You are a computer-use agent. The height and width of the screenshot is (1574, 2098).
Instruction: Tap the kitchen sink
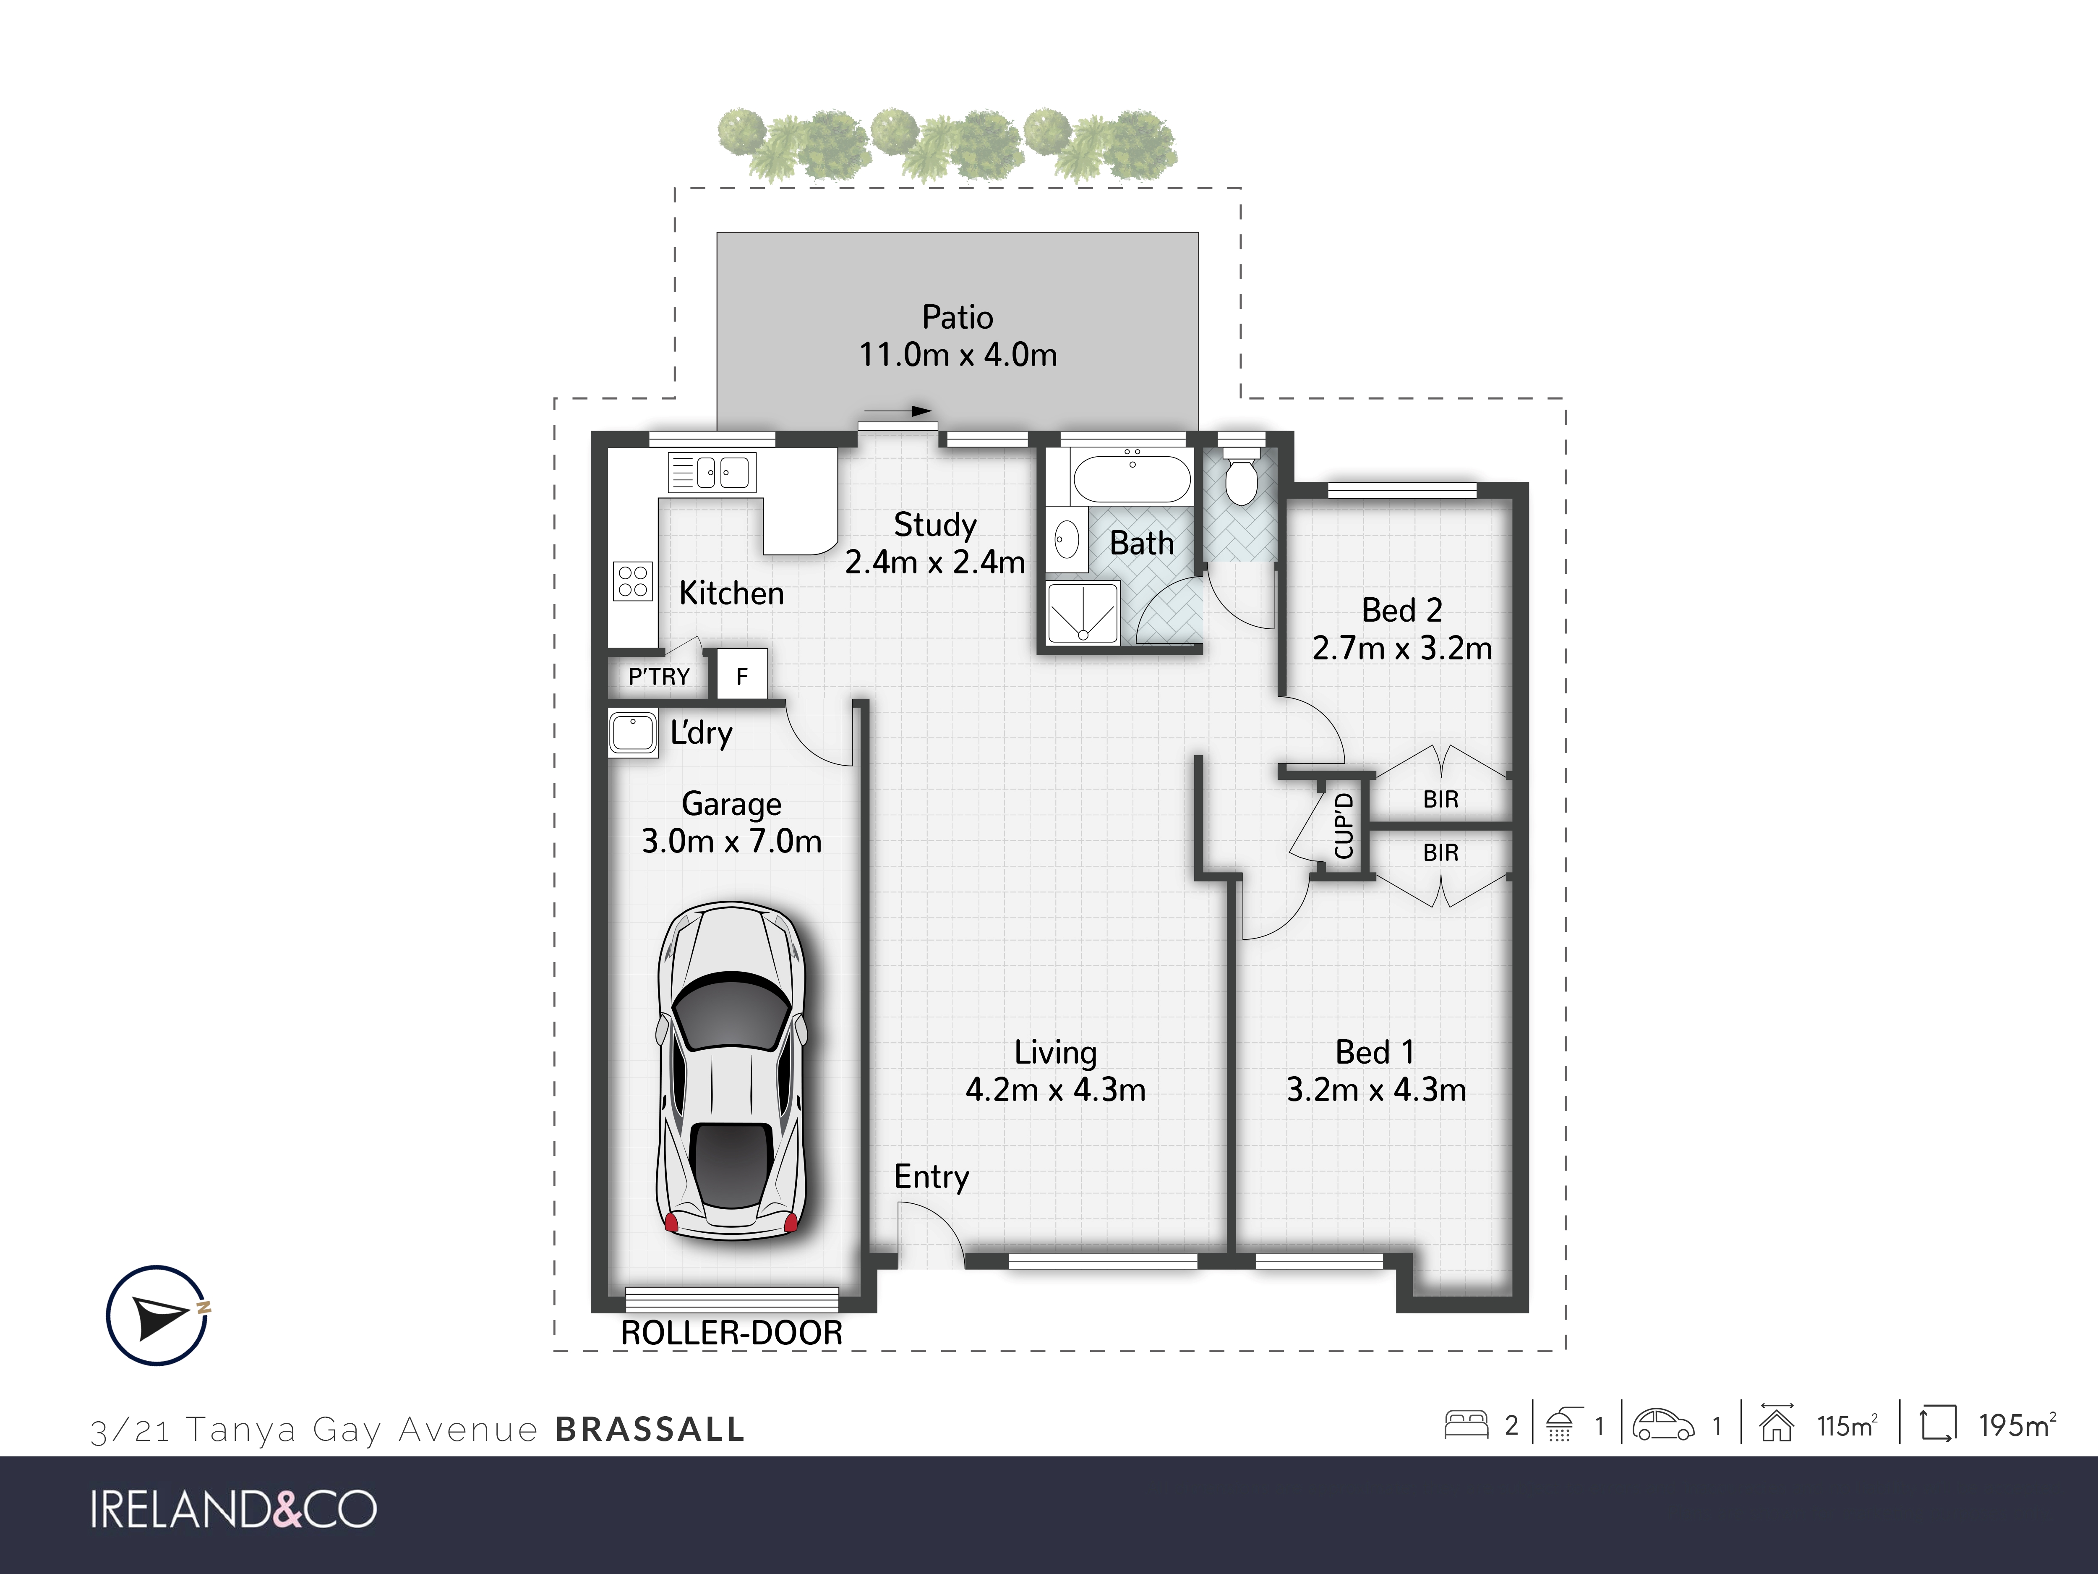click(712, 471)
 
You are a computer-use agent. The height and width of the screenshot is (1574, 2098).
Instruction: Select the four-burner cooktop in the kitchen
click(633, 580)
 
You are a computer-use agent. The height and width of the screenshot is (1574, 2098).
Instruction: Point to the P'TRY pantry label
click(659, 677)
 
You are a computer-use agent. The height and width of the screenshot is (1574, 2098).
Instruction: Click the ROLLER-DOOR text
click(731, 1333)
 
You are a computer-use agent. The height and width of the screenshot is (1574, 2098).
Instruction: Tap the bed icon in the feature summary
click(1467, 1425)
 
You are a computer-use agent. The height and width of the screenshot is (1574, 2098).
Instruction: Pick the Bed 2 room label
click(1402, 610)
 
